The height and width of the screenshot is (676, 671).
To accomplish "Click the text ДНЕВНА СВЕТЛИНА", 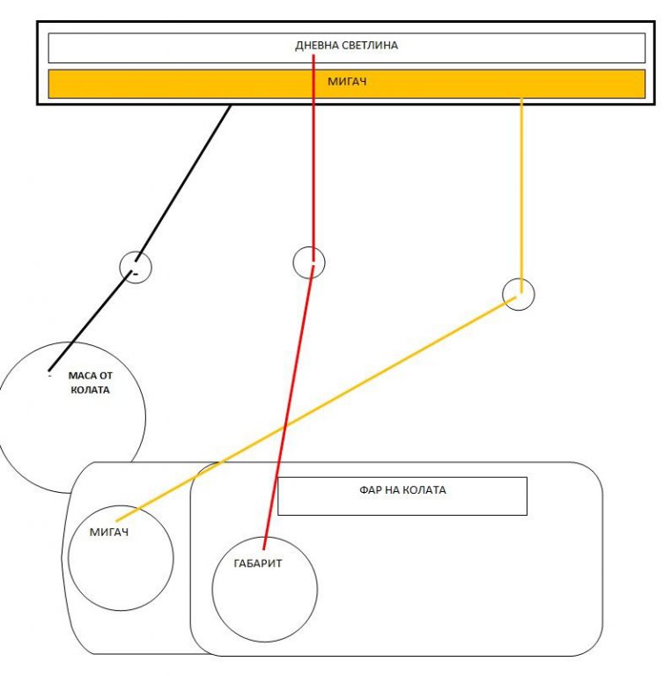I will pyautogui.click(x=346, y=46).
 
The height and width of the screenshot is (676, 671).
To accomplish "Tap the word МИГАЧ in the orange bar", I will pyautogui.click(x=346, y=82).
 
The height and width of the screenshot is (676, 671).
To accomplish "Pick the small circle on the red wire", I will pyautogui.click(x=308, y=261).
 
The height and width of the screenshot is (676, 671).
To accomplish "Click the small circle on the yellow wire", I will pyautogui.click(x=518, y=294).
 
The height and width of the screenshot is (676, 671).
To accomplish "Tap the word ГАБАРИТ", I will pyautogui.click(x=258, y=564).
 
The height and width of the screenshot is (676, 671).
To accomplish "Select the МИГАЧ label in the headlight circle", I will pyautogui.click(x=109, y=532).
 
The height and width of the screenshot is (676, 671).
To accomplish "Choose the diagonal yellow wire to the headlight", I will pyautogui.click(x=317, y=406).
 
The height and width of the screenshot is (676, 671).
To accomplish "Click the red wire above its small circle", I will pyautogui.click(x=313, y=176).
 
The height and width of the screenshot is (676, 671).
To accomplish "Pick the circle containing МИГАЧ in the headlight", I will pyautogui.click(x=121, y=572).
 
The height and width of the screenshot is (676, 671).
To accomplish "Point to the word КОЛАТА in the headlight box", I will pyautogui.click(x=424, y=490).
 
